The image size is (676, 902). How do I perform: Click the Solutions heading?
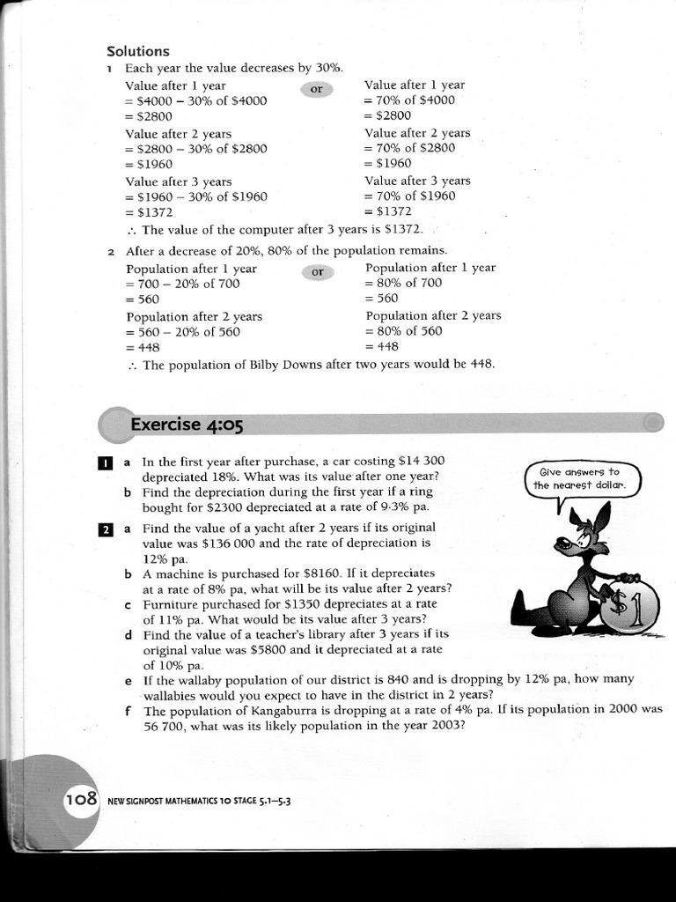point(137,51)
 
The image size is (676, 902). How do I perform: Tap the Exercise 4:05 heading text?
point(186,425)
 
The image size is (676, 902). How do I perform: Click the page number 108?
point(80,801)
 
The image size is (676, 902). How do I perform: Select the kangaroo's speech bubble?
point(583,480)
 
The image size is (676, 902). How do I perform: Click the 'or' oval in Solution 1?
point(317,89)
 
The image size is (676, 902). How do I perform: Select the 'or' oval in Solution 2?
point(317,272)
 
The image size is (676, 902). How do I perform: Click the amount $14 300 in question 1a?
point(422,461)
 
